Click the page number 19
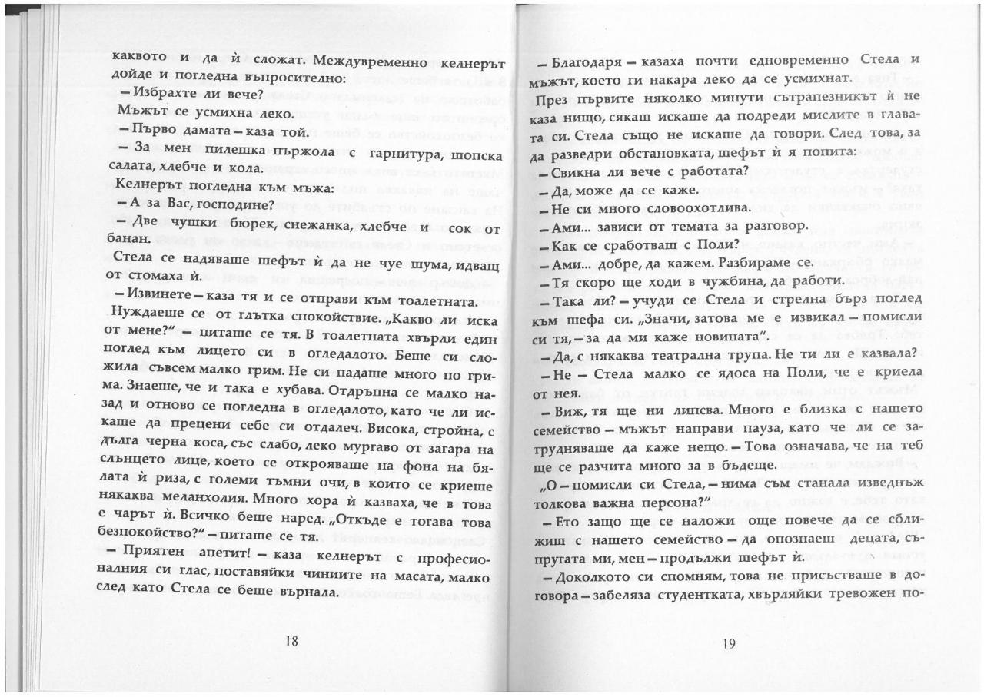click(730, 643)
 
